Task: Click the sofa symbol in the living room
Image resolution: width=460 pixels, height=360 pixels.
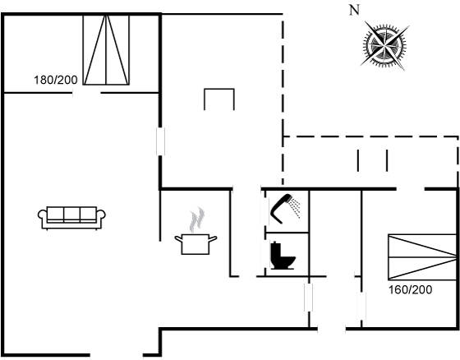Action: [x=71, y=218]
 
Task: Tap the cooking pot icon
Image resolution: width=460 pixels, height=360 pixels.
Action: [x=195, y=244]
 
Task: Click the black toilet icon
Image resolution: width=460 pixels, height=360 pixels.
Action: [x=283, y=256]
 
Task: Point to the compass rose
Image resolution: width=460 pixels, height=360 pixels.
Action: [x=384, y=46]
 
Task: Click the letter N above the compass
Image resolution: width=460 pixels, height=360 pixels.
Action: [x=354, y=11]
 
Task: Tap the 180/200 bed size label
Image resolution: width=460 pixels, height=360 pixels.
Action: [x=56, y=80]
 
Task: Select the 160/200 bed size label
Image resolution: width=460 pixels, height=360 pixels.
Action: [x=410, y=290]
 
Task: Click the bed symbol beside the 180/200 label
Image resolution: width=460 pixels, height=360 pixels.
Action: [x=106, y=50]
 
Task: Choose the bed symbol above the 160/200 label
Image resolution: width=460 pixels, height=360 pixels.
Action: [x=422, y=257]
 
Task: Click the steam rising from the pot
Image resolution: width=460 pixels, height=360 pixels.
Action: [x=197, y=219]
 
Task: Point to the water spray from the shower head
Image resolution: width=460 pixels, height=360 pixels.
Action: [x=295, y=208]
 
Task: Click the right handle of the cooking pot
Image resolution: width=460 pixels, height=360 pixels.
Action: [x=213, y=238]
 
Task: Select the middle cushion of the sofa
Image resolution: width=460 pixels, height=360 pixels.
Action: [x=72, y=214]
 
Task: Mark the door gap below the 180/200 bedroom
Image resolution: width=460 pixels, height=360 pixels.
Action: [x=86, y=93]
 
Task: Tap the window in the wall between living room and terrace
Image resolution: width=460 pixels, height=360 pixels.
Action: [x=160, y=141]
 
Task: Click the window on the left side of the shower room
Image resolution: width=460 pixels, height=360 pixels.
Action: [x=264, y=211]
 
